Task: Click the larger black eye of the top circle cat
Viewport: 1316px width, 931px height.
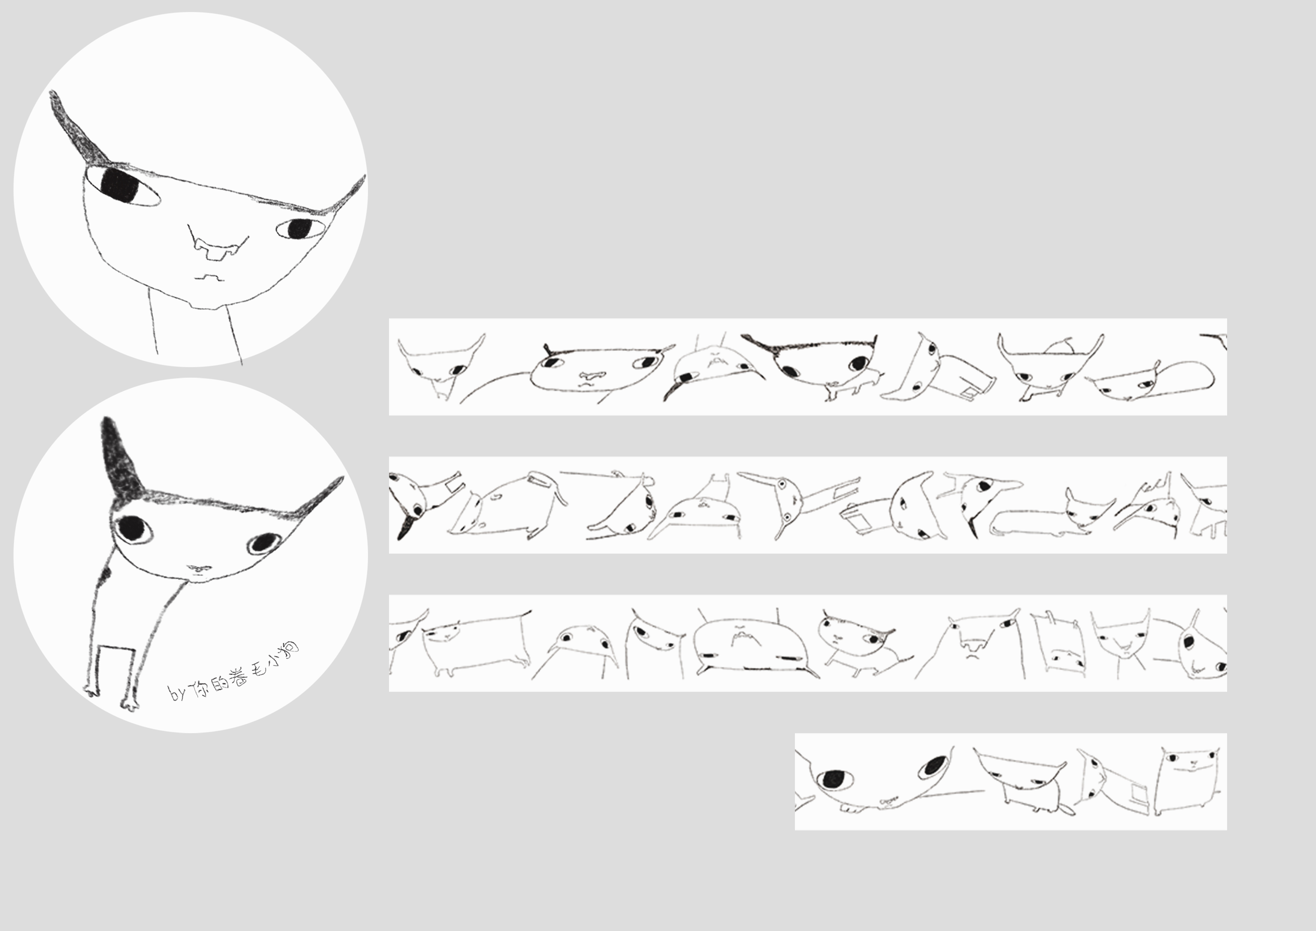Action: tap(122, 186)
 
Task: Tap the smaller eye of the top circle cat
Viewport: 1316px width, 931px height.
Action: tap(299, 229)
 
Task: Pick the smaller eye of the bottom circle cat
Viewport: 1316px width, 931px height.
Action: tap(264, 542)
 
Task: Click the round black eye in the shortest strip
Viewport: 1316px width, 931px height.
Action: tap(836, 779)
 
